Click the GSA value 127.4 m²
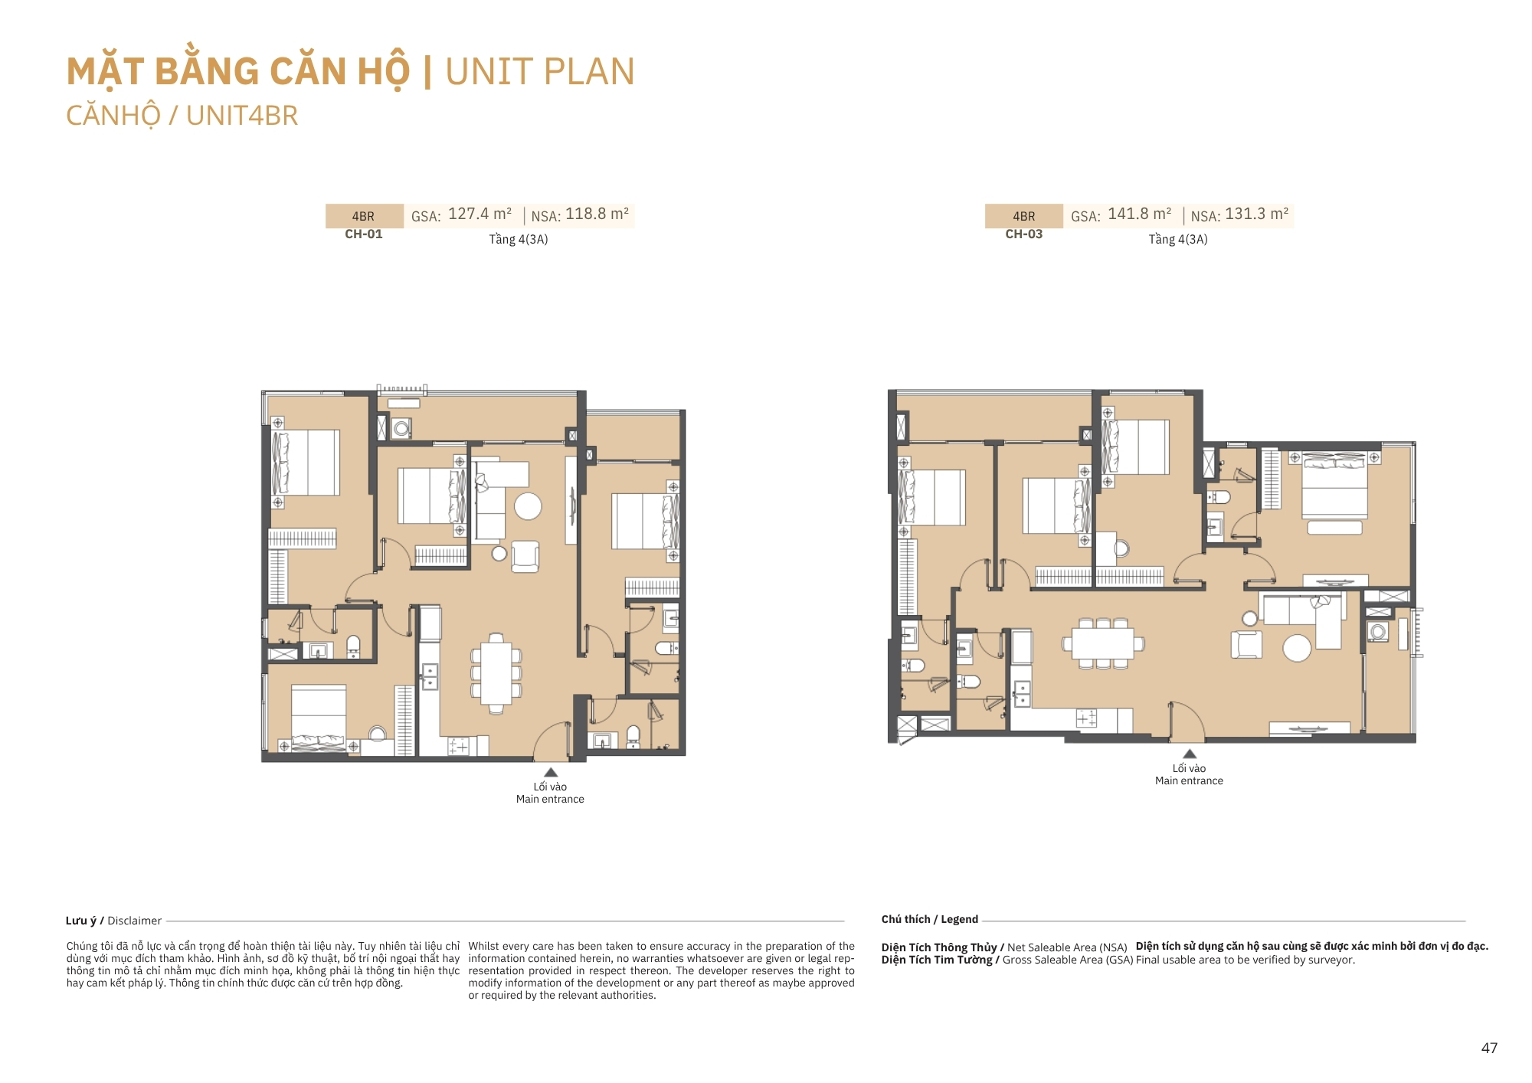pyautogui.click(x=480, y=214)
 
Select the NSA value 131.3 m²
pyautogui.click(x=1256, y=214)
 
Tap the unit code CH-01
pyautogui.click(x=364, y=234)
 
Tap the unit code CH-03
pyautogui.click(x=1024, y=234)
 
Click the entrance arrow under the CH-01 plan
pyautogui.click(x=551, y=772)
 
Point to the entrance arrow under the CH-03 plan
pyautogui.click(x=1190, y=754)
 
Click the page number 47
pyautogui.click(x=1489, y=1049)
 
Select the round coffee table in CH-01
pyautogui.click(x=528, y=506)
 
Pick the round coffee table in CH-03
pyautogui.click(x=1297, y=648)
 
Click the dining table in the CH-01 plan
pyautogui.click(x=496, y=673)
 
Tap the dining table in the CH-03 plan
pyautogui.click(x=1103, y=643)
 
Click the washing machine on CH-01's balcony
pyautogui.click(x=401, y=428)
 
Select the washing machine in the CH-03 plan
pyautogui.click(x=1378, y=632)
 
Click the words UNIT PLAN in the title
pyautogui.click(x=540, y=72)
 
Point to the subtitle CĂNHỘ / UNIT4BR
pyautogui.click(x=182, y=116)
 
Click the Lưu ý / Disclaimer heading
pyautogui.click(x=113, y=921)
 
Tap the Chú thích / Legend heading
pyautogui.click(x=930, y=919)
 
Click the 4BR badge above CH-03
pyautogui.click(x=1024, y=216)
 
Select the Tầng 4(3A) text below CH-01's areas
pyautogui.click(x=519, y=240)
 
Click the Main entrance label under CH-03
pyautogui.click(x=1190, y=781)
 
